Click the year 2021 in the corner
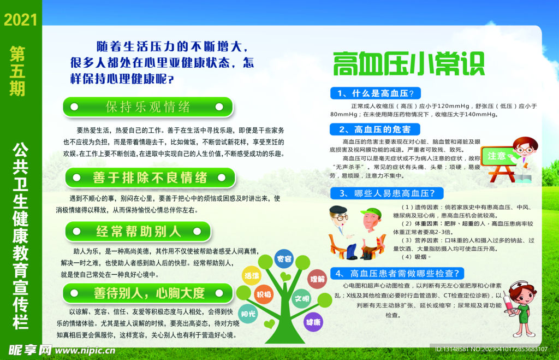20,20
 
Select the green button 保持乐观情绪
148,107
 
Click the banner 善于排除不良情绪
150,178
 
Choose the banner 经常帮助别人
138,231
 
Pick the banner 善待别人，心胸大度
149,293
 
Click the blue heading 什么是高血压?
376,92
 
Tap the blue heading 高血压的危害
375,129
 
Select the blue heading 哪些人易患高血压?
386,193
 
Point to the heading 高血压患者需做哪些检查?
398,273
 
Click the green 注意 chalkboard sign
497,156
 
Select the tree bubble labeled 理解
317,279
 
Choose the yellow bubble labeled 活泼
252,276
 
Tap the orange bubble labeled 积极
264,294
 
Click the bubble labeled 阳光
248,314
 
